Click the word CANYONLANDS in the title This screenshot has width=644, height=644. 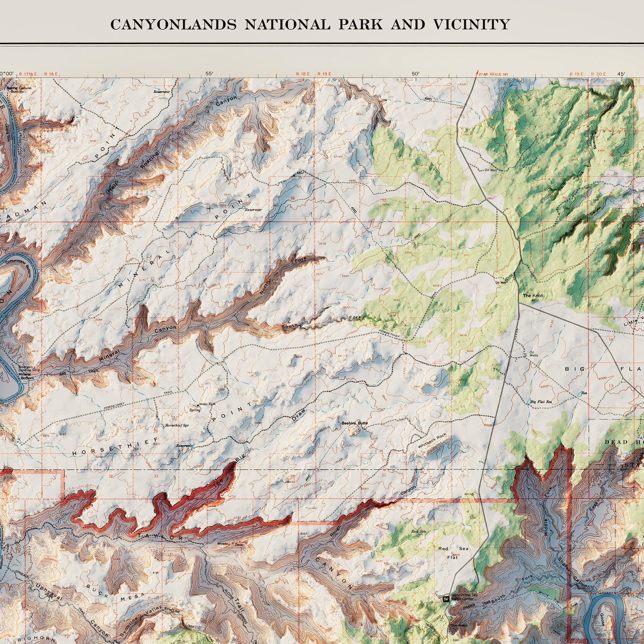click(173, 25)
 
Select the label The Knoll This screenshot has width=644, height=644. click(533, 295)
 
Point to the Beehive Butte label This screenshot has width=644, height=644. click(354, 423)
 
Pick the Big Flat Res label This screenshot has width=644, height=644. click(541, 402)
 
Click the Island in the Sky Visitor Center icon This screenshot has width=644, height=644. click(446, 599)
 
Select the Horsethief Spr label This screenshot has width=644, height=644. click(177, 426)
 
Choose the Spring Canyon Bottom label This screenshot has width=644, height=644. click(19, 90)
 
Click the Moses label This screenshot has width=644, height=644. click(223, 544)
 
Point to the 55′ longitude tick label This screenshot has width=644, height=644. click(209, 74)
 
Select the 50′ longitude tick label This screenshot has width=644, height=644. click(415, 74)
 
